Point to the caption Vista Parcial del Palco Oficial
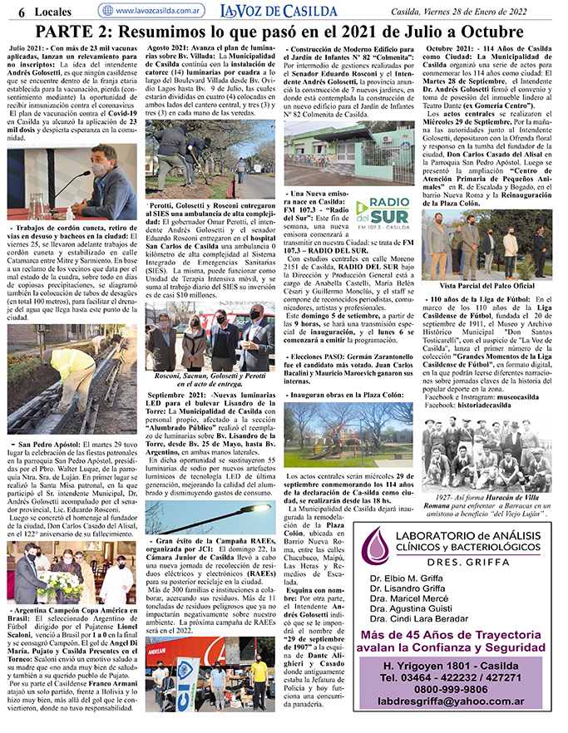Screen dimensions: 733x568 point(489,285)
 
